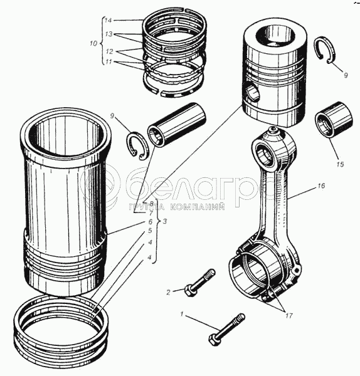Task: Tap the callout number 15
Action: coord(341,164)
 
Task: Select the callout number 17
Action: coord(289,316)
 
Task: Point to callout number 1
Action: coord(182,314)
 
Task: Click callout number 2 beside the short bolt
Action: coord(169,292)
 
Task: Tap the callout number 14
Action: coord(109,21)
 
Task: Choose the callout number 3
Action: coord(164,221)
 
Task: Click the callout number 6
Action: coord(151,222)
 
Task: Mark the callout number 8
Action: coord(151,203)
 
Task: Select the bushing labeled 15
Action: coord(334,120)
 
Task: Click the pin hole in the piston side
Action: coord(253,91)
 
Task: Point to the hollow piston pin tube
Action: coord(177,124)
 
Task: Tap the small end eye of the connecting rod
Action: coord(265,154)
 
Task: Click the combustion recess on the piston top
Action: coord(276,36)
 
